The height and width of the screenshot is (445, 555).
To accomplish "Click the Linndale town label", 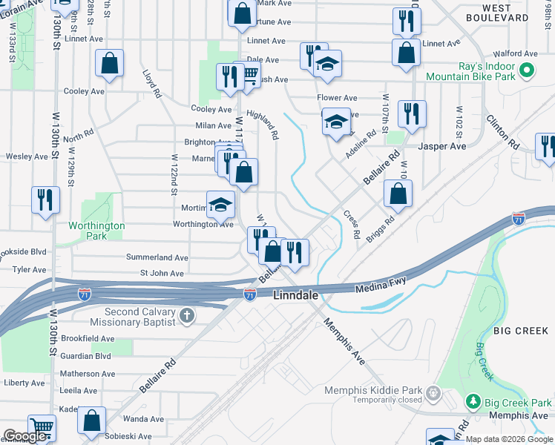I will tap(296, 295).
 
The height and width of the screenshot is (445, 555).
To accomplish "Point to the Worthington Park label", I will tap(96, 231).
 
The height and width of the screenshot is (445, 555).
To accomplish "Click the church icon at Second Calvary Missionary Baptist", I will tap(186, 317).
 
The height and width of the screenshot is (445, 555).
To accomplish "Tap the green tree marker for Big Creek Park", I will tap(473, 401).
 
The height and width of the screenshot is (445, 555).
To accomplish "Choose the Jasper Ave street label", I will tap(442, 146).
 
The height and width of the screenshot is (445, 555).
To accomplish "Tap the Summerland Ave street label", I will tap(157, 257).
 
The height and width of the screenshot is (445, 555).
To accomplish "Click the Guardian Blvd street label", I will tap(86, 356).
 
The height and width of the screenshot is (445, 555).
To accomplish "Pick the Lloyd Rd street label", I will tap(151, 85).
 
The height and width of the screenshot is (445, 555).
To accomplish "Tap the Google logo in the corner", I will tap(25, 436).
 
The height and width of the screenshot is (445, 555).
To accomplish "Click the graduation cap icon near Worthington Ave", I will tap(220, 205).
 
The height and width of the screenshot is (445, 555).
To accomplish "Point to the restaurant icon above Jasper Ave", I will tap(411, 113).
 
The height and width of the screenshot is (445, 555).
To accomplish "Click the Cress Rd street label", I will tap(352, 225).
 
